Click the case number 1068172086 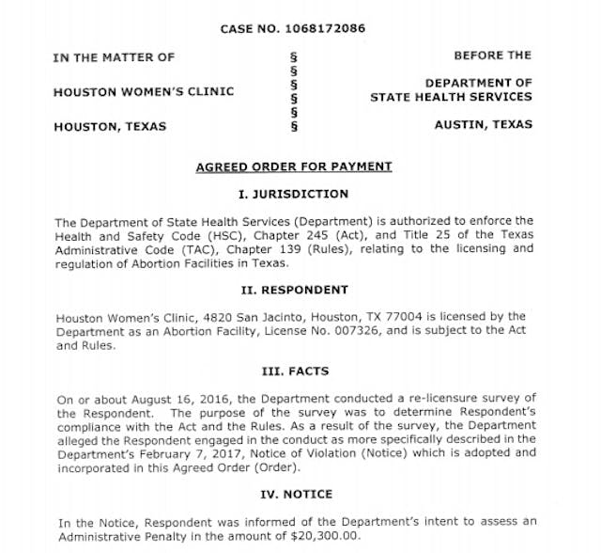click(x=330, y=28)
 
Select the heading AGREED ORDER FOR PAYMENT click(x=293, y=166)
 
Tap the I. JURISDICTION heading click(x=294, y=194)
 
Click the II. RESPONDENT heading click(x=294, y=290)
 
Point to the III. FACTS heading click(x=294, y=371)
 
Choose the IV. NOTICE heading click(x=294, y=494)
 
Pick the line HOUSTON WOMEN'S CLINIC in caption click(x=144, y=91)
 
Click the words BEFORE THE click(x=492, y=56)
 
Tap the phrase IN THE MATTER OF click(x=114, y=57)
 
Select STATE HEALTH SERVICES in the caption click(x=451, y=97)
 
